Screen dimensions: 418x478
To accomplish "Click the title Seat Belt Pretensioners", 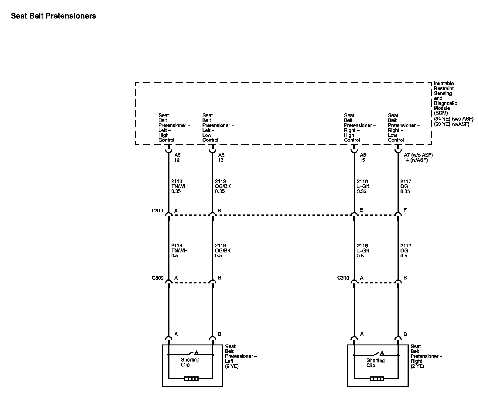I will click(x=53, y=16).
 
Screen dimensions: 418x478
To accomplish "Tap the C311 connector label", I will click(x=158, y=211).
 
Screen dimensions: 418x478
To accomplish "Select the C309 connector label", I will click(x=158, y=278).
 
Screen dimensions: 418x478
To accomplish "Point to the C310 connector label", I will click(x=343, y=278).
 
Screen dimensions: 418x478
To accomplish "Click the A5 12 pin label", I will click(x=177, y=157).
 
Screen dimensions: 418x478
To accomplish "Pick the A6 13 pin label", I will click(x=221, y=157).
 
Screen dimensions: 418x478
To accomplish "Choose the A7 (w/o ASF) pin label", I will click(x=418, y=155).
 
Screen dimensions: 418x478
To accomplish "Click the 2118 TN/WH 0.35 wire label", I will click(x=179, y=186).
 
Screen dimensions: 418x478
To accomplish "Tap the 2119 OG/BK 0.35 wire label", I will click(x=223, y=186).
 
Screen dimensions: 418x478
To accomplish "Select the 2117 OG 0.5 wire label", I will click(x=405, y=251).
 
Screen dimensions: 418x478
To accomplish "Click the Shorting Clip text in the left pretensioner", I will click(x=190, y=362).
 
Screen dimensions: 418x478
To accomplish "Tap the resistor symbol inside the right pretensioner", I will click(x=377, y=379).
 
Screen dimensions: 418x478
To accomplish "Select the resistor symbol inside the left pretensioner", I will click(x=191, y=379).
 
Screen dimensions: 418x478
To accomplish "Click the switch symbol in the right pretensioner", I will click(x=378, y=353).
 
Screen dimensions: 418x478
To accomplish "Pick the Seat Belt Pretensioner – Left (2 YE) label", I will click(x=241, y=356).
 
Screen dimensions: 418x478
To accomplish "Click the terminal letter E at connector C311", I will click(x=361, y=210).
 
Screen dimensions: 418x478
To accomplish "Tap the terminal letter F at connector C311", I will click(x=405, y=210).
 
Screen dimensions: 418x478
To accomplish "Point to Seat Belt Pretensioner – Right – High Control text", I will click(x=359, y=128).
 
